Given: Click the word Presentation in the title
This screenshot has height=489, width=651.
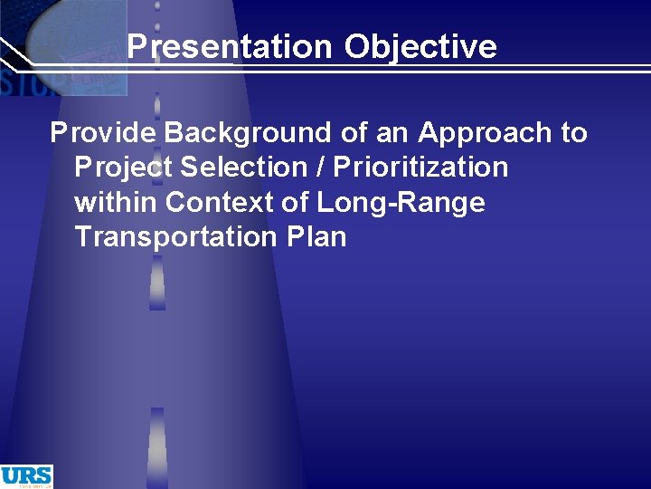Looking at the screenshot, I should (x=231, y=46).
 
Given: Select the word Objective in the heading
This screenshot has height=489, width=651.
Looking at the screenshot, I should (x=420, y=46).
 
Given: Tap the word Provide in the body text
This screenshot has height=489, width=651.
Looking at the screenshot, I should (x=103, y=133).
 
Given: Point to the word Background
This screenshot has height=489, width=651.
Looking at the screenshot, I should (x=249, y=133).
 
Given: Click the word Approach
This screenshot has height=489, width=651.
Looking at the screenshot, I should (x=485, y=134).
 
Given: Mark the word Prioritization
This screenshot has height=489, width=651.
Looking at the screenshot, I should (x=421, y=168).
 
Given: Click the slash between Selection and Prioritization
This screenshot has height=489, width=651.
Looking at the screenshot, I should (x=321, y=168).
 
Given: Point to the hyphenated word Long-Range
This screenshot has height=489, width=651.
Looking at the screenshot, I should (x=401, y=203).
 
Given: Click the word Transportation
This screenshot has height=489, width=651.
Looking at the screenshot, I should (x=173, y=236).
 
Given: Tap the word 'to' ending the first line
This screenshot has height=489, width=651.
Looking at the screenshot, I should (x=573, y=133).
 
